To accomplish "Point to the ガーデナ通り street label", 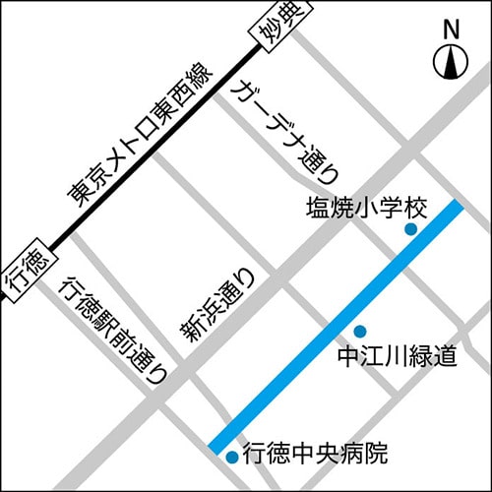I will (x=284, y=134).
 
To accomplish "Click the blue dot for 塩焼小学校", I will (x=411, y=230).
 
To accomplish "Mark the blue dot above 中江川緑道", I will (x=360, y=331).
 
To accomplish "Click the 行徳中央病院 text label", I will (x=315, y=454).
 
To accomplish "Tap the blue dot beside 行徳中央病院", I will (x=231, y=457).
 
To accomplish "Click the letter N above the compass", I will (x=451, y=30).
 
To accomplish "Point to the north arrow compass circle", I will (x=451, y=64).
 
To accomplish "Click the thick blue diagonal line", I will (x=335, y=327).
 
